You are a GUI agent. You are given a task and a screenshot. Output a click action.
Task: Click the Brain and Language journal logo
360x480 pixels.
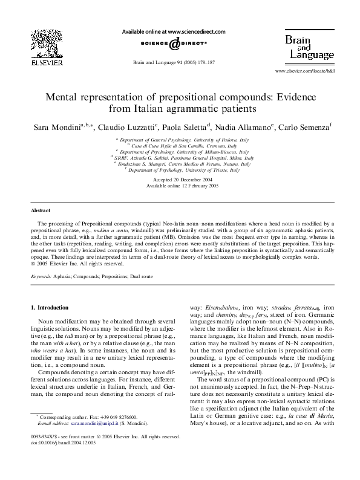point(307,47)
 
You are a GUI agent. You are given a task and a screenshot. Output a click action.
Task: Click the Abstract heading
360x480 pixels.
point(41,211)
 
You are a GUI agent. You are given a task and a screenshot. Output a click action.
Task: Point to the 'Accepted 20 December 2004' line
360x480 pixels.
point(180,180)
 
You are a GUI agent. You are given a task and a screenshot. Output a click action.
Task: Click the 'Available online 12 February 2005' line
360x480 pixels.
point(180,187)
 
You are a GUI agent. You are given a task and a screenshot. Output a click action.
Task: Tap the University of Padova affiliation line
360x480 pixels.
point(180,140)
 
